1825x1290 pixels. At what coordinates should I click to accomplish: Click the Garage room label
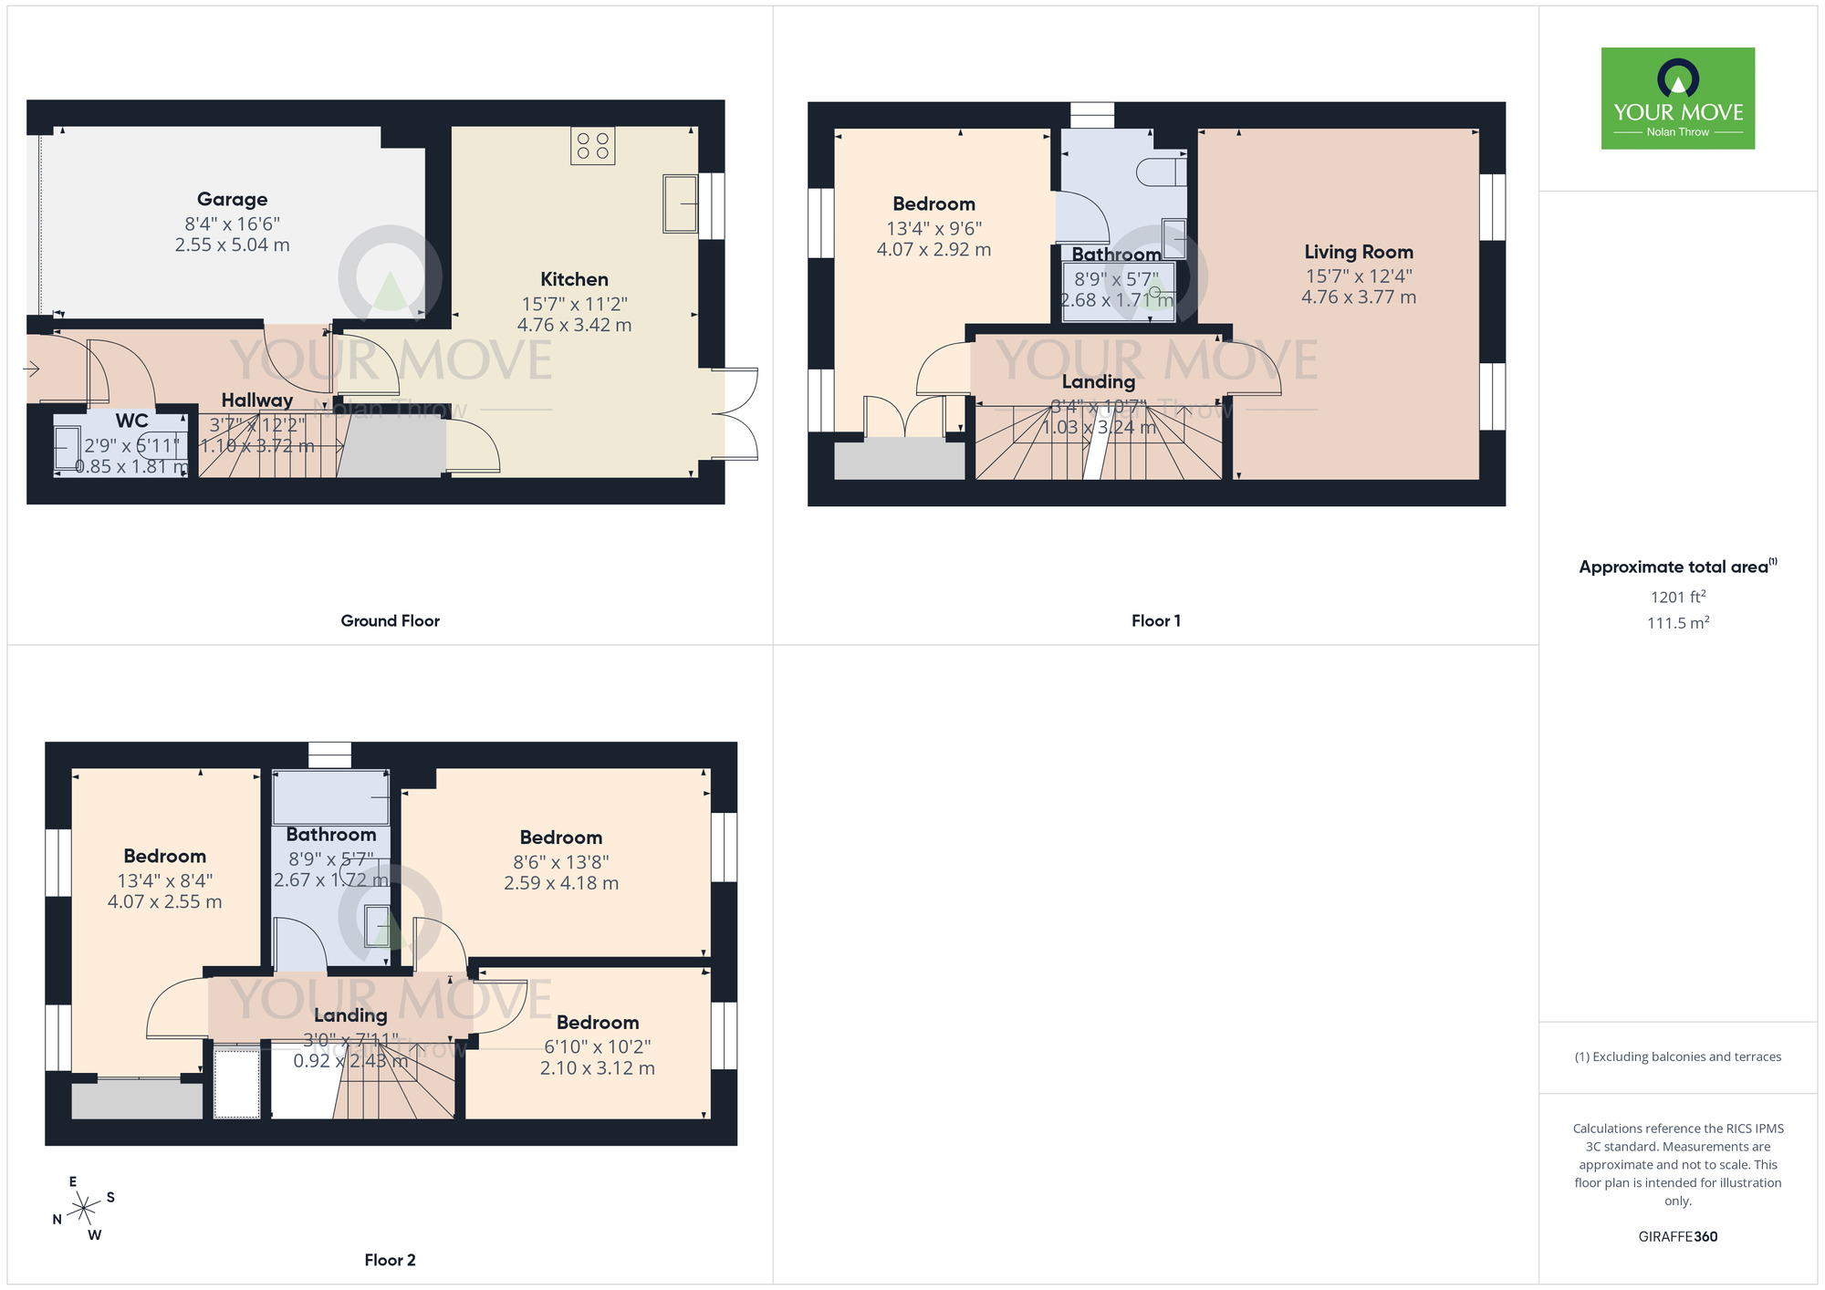(232, 200)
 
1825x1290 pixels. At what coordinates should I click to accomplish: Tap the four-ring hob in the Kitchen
(593, 146)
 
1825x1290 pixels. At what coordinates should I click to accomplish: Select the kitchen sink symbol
(680, 203)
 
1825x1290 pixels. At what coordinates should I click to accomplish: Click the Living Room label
(1358, 252)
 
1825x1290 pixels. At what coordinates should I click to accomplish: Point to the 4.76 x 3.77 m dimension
(1358, 297)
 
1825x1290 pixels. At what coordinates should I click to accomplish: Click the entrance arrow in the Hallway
(31, 369)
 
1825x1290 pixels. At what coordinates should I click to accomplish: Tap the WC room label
(131, 421)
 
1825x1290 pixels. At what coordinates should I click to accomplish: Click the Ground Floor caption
(390, 621)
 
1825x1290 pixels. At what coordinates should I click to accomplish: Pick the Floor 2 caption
(390, 1260)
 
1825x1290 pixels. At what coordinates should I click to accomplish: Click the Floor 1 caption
(1155, 621)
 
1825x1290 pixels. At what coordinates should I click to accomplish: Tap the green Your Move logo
(1677, 99)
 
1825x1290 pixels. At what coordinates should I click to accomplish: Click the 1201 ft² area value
(1677, 598)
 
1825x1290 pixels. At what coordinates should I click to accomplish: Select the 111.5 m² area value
(1677, 623)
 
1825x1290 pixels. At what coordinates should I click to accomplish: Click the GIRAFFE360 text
(1677, 1237)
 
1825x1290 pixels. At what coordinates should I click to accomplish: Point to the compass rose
(84, 1209)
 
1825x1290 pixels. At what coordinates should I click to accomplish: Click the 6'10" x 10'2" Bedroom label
(597, 1023)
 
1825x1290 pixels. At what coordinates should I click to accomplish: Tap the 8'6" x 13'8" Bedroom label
(560, 837)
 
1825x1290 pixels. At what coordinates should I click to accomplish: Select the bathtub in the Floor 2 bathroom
(330, 797)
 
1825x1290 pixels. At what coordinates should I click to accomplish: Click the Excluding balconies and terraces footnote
(1677, 1057)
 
